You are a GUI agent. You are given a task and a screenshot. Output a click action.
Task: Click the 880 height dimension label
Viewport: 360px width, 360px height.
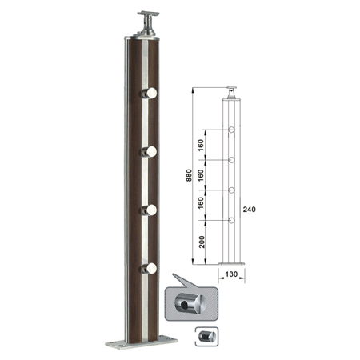(x=189, y=175)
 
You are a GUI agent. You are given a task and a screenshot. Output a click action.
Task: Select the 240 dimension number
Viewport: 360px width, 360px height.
(x=249, y=210)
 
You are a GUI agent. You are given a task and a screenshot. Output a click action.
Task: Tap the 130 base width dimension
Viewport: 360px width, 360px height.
(x=231, y=274)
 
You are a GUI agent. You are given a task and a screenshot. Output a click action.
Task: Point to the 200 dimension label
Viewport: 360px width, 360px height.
(x=202, y=242)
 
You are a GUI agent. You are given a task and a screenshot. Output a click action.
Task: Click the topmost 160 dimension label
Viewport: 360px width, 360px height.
(x=201, y=145)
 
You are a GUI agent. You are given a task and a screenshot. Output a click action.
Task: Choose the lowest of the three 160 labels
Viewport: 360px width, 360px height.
(x=201, y=202)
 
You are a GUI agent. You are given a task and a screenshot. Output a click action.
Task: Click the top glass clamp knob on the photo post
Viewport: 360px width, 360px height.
(x=149, y=93)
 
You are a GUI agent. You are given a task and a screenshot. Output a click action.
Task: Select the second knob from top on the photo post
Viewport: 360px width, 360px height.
(x=149, y=151)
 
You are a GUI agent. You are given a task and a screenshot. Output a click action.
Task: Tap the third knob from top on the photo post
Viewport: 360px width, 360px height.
(x=149, y=210)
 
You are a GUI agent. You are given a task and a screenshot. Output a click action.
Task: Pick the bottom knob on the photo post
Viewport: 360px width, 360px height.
(x=149, y=268)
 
